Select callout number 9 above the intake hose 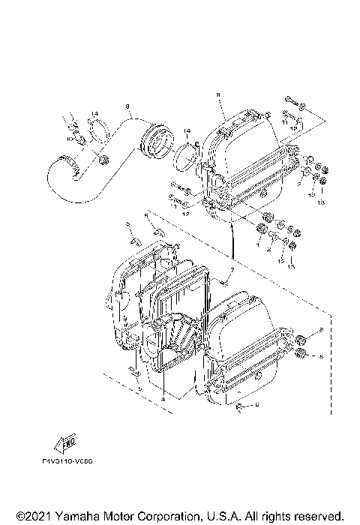click(x=128, y=106)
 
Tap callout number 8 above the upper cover click(x=217, y=94)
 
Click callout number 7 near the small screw click(x=232, y=268)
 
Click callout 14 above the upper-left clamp click(x=94, y=113)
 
